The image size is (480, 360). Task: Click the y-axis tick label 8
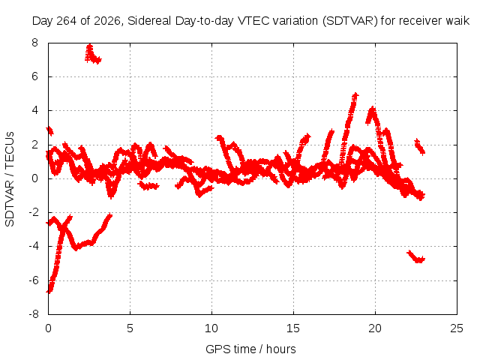(34, 43)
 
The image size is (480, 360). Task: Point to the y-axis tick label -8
(34, 314)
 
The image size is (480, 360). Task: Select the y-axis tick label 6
(34, 76)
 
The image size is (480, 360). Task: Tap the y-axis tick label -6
(34, 280)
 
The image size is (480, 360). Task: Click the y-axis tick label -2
(34, 212)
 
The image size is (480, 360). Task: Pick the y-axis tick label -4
(34, 246)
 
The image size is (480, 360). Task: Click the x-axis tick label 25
(457, 328)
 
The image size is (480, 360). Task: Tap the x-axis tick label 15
(293, 328)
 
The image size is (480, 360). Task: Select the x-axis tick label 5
(130, 328)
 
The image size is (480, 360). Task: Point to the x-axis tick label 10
(211, 328)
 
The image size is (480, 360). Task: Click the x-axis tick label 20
(375, 328)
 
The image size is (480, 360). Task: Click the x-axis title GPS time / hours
(250, 349)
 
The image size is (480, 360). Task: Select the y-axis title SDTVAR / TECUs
(10, 179)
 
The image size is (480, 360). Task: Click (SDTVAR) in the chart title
(350, 21)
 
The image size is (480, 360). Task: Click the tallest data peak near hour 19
(355, 94)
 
